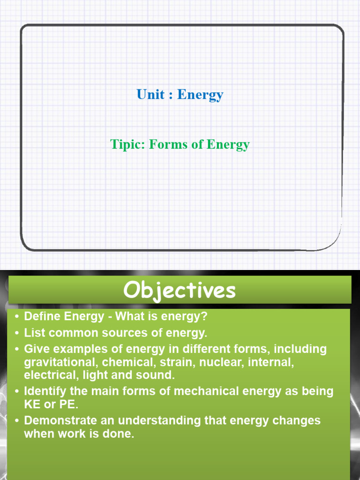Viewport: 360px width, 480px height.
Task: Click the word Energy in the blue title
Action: tap(200, 95)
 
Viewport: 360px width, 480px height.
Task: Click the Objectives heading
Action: tap(180, 291)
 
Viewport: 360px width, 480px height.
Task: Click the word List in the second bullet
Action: tap(33, 333)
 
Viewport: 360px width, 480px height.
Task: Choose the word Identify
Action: tap(45, 391)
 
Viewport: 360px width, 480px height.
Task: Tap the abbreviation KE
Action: tap(32, 404)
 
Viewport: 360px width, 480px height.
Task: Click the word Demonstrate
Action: tap(57, 420)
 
